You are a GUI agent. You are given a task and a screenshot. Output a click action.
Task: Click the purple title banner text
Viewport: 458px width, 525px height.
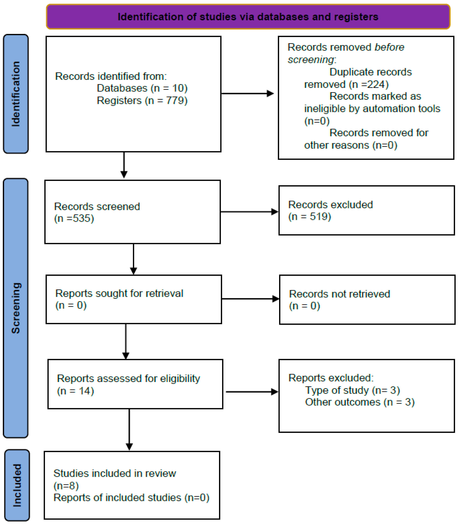(x=248, y=17)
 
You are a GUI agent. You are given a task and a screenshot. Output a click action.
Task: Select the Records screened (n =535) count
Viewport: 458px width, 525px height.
(x=74, y=218)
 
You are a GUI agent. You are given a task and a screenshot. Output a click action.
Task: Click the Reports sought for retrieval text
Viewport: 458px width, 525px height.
(x=119, y=293)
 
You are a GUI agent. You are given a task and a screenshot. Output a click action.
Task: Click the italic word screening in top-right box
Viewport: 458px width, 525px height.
(x=311, y=60)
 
